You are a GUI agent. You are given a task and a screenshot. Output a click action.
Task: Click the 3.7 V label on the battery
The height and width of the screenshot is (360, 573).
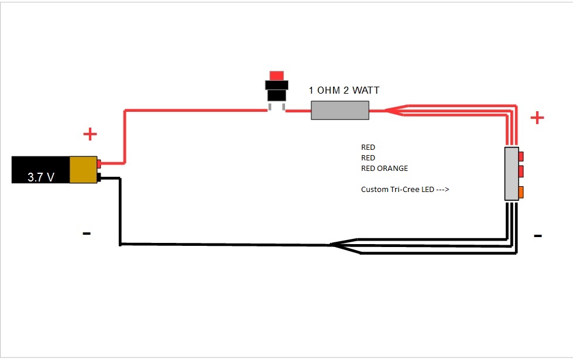(x=41, y=177)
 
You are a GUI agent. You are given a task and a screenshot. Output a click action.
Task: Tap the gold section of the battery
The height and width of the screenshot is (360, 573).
(x=83, y=170)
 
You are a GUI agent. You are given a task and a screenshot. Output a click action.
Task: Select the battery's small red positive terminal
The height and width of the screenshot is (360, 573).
(x=99, y=163)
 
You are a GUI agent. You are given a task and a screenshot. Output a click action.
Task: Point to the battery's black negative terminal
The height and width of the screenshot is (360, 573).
(x=99, y=176)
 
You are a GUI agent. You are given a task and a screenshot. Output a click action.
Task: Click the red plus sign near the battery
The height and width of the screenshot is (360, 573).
(x=90, y=134)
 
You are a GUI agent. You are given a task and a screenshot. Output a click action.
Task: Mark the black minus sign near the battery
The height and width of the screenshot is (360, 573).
(x=87, y=234)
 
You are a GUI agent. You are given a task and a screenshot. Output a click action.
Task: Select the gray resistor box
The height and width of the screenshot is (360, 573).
(x=339, y=110)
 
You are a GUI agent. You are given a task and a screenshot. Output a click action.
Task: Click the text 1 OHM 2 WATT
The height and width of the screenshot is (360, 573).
(x=344, y=90)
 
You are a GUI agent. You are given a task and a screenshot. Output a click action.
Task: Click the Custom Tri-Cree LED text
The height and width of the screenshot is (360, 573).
(x=396, y=190)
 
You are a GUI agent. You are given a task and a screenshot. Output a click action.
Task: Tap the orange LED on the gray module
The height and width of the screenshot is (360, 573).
(x=520, y=191)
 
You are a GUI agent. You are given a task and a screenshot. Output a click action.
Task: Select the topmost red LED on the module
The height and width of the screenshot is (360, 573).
(x=520, y=156)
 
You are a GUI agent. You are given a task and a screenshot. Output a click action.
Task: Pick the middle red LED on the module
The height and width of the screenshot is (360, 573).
(x=520, y=172)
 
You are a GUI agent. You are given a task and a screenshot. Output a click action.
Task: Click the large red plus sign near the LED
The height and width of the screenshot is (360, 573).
(x=537, y=118)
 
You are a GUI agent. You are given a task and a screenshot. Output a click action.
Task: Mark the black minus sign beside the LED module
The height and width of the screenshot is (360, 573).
(x=537, y=236)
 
